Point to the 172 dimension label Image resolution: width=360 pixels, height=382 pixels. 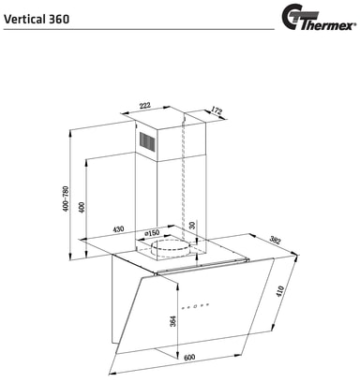(x=216, y=112)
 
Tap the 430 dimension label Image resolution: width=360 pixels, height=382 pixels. (x=119, y=228)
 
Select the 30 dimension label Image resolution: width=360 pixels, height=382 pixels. (x=193, y=227)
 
